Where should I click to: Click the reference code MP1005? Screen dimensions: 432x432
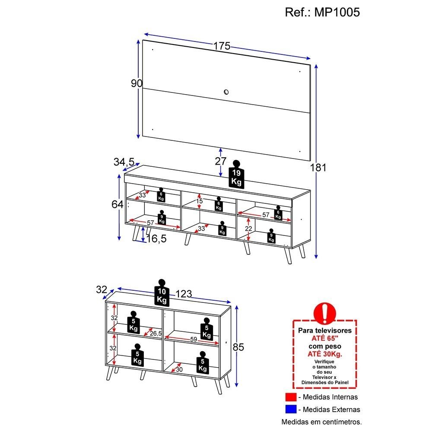click(322, 12)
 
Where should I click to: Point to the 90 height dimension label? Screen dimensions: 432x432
click(137, 83)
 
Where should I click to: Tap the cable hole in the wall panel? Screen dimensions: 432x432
click(226, 91)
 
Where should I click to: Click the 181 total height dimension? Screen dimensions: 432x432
click(318, 168)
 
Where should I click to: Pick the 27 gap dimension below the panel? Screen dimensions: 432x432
click(221, 161)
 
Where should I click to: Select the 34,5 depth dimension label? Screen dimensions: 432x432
click(124, 162)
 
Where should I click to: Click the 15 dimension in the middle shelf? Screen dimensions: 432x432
click(199, 201)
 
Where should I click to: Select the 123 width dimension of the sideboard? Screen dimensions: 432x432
click(184, 294)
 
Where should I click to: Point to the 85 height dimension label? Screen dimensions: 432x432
click(238, 347)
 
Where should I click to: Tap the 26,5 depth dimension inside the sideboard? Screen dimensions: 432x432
click(156, 333)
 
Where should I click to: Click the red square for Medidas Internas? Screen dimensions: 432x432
click(290, 397)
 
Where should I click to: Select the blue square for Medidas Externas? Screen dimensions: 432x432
click(290, 409)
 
